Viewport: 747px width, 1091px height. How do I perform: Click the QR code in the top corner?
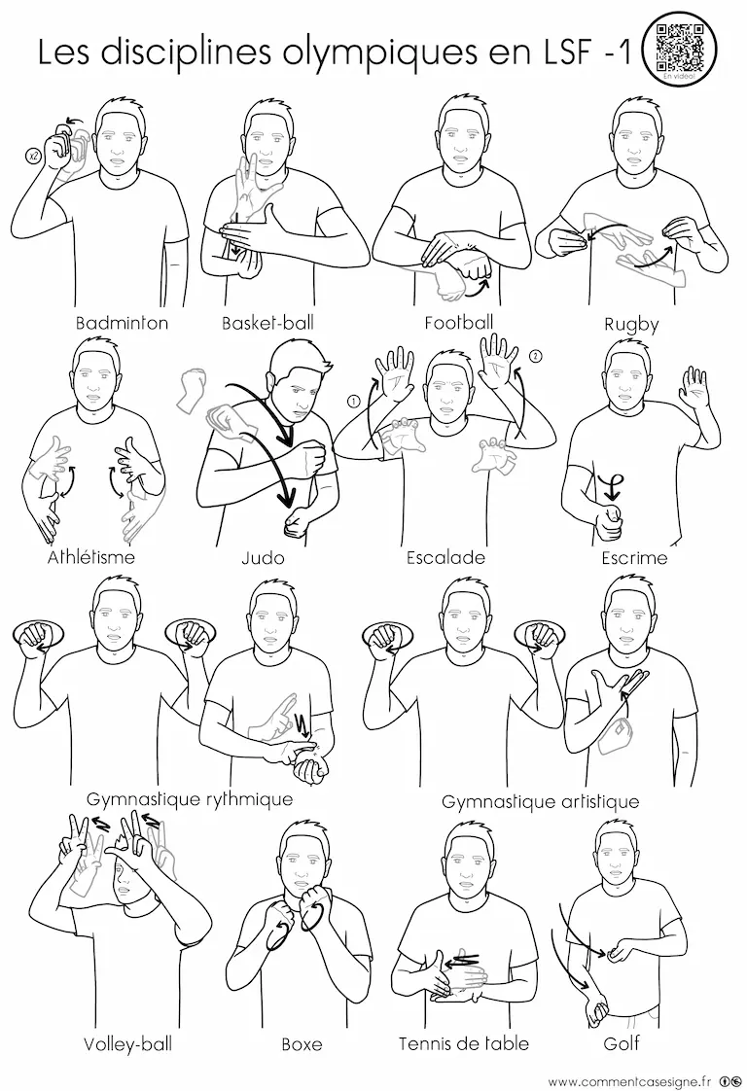coord(680,46)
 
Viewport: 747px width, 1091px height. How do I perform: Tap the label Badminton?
coord(122,323)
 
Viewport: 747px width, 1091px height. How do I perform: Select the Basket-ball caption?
coord(268,323)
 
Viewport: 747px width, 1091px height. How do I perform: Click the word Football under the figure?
coord(459,323)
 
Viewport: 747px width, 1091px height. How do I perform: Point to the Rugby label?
coord(631,325)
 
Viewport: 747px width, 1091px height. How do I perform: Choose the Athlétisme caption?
coord(91,557)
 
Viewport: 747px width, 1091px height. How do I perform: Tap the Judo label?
coord(264,557)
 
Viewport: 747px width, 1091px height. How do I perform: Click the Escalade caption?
coord(445,557)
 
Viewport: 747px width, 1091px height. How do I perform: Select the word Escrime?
coord(635,557)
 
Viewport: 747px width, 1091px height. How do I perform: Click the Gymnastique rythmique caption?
coord(190,799)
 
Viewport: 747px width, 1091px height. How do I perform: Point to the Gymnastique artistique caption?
coord(540,802)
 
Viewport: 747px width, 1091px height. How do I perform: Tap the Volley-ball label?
coord(127,1043)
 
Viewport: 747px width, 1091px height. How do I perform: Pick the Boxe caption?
coord(302,1044)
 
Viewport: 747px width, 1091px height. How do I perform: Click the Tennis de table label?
coord(464,1043)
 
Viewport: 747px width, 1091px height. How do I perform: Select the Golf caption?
coord(622,1043)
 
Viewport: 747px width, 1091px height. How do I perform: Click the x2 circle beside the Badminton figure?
coord(33,157)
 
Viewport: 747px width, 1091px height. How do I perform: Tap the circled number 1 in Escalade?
coord(353,402)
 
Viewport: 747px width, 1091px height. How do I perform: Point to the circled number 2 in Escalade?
coord(535,356)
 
